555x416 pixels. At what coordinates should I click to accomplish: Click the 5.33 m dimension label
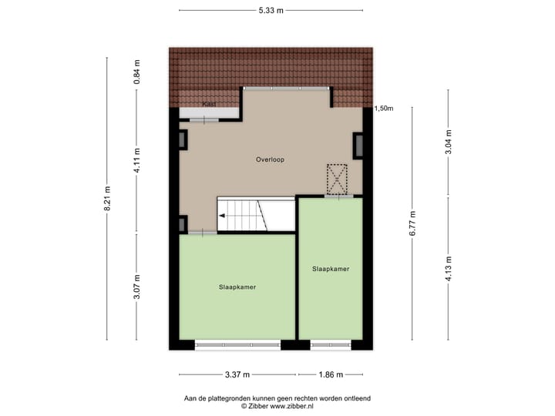270,11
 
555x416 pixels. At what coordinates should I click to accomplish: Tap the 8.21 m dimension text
108,199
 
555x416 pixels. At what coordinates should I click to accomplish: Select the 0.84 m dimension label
137,72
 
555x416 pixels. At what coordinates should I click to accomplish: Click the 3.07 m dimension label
137,287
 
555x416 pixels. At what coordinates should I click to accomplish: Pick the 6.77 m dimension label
412,223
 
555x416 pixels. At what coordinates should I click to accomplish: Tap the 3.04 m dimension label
449,143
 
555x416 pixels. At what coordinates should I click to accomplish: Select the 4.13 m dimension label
449,269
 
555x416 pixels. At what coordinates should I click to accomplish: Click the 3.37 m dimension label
237,375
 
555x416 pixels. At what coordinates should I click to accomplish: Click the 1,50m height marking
383,109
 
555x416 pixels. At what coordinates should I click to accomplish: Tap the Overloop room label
271,159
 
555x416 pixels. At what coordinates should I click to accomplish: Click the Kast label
208,104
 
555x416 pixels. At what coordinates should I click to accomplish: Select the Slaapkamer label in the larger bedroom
237,287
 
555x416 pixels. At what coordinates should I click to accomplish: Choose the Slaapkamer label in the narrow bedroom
331,269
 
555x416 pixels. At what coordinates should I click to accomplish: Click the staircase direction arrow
223,216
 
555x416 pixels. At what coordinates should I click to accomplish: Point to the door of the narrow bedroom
338,198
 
